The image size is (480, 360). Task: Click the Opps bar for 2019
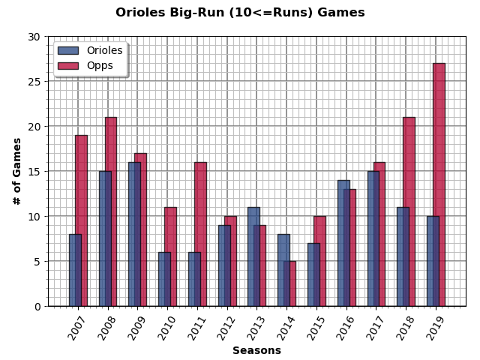click(439, 184)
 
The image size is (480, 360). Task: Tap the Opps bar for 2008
click(111, 211)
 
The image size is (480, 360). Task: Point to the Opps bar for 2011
click(201, 234)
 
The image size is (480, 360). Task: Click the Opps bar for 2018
click(409, 211)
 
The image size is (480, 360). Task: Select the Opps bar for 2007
click(82, 220)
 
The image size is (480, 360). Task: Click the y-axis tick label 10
click(34, 216)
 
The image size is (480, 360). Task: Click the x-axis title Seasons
click(256, 350)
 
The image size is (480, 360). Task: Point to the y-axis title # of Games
click(17, 171)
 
